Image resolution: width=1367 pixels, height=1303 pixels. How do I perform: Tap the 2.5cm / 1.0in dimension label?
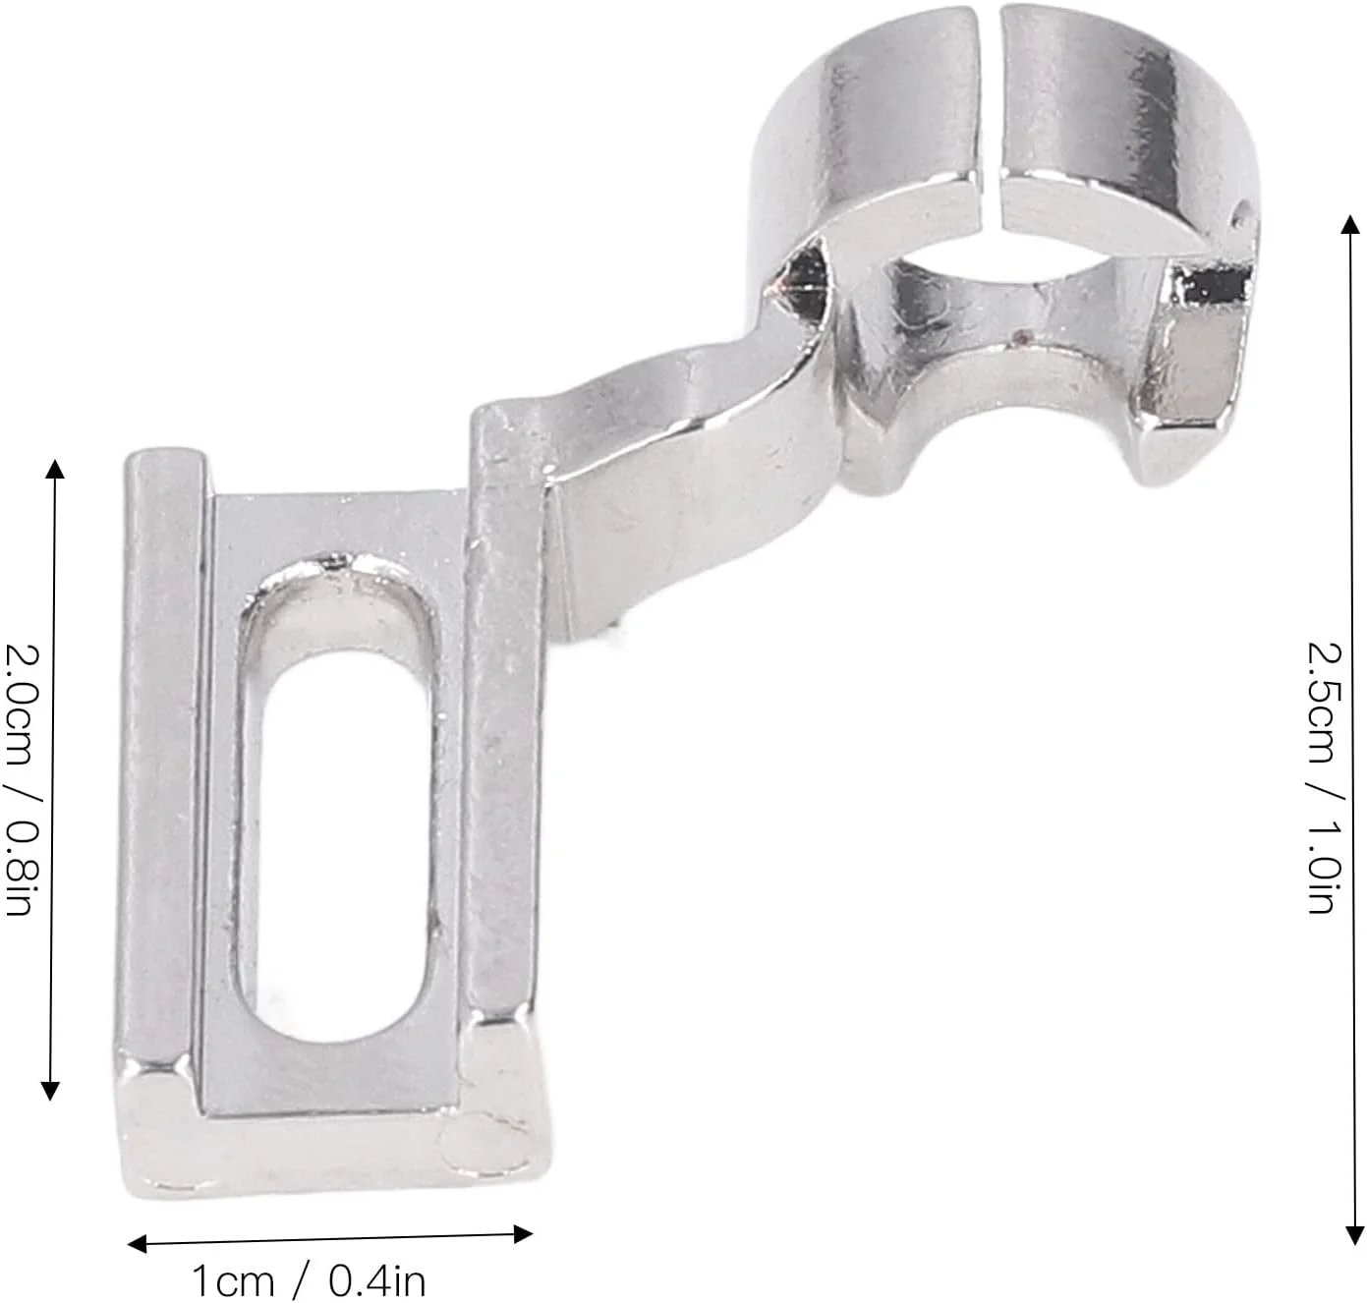(x=1325, y=776)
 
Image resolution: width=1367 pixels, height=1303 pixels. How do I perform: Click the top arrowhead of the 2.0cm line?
(x=54, y=469)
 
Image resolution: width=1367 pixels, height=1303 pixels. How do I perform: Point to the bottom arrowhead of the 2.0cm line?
(x=49, y=1090)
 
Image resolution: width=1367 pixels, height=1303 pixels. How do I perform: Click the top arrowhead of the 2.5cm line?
(x=1349, y=225)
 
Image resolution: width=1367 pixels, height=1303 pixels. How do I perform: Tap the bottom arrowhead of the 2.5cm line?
(x=1354, y=1234)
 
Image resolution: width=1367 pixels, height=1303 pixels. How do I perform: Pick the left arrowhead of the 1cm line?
(x=137, y=1244)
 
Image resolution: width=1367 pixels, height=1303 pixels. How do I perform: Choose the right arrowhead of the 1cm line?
(x=523, y=1234)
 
